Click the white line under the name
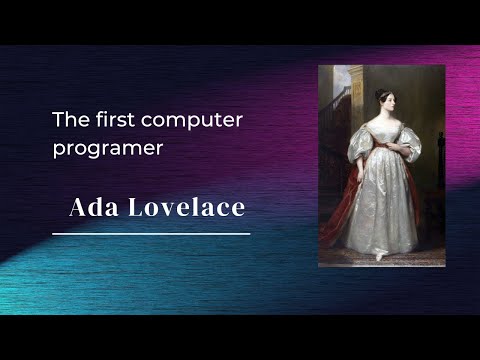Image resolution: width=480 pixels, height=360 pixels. [150, 233]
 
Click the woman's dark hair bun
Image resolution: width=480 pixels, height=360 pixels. [380, 93]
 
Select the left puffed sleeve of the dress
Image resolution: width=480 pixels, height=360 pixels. [360, 143]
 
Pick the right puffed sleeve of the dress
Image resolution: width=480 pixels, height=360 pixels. [409, 143]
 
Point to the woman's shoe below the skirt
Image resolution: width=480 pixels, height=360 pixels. [380, 256]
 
